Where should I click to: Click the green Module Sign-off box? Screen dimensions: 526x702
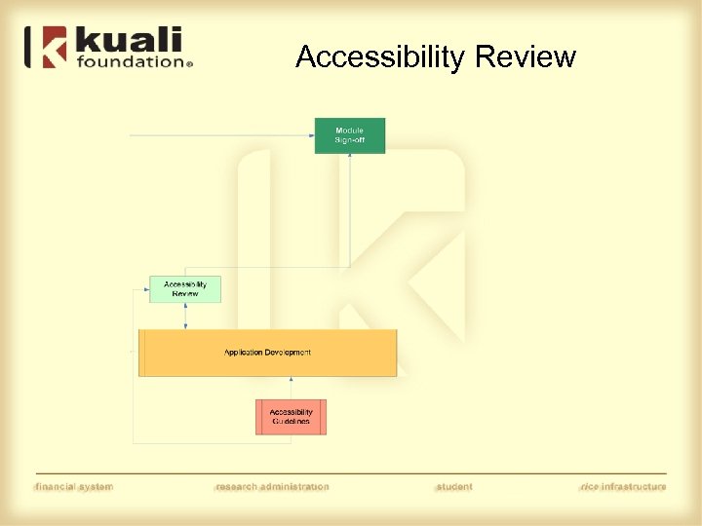(x=349, y=135)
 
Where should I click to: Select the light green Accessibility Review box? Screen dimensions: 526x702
(x=185, y=289)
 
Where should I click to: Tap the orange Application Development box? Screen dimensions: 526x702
(x=268, y=353)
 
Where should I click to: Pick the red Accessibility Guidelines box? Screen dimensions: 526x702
(x=291, y=417)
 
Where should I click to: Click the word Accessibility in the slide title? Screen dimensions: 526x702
(x=380, y=57)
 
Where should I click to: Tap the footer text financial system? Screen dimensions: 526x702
(x=74, y=486)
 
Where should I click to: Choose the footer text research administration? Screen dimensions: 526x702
(x=272, y=486)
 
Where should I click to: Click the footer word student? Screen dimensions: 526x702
(x=453, y=486)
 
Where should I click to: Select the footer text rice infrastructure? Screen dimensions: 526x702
(x=622, y=486)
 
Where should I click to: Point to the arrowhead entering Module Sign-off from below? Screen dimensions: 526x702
(x=349, y=157)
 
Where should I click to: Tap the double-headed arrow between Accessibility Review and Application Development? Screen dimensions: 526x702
(x=185, y=316)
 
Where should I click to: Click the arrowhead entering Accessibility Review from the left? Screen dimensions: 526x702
(x=145, y=289)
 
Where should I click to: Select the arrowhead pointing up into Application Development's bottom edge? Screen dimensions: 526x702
(x=291, y=380)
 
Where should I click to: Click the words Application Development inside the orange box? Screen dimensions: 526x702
(x=268, y=352)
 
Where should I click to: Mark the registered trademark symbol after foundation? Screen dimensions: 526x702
(x=189, y=64)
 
